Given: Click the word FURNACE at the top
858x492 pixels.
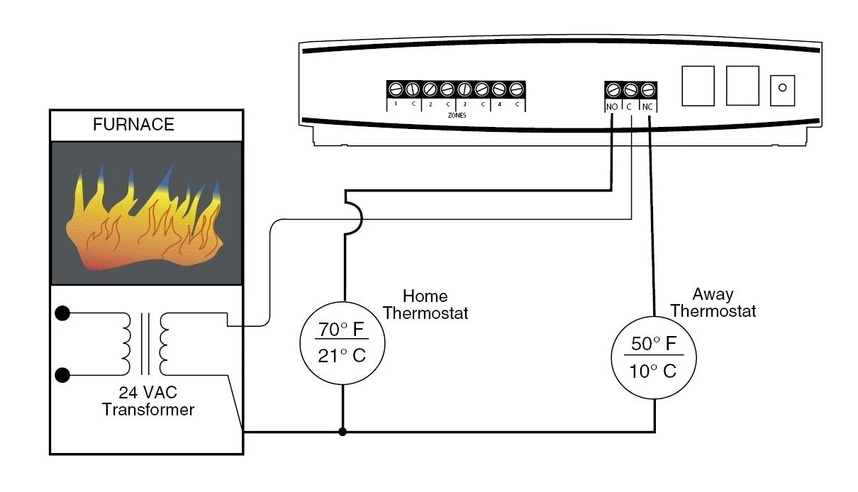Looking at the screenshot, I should (133, 125).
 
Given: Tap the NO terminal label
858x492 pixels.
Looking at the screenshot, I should (612, 107).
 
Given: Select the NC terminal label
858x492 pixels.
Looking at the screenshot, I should (647, 107).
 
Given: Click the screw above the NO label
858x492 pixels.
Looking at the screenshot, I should (613, 90).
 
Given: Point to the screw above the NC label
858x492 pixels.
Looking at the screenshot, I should (647, 90).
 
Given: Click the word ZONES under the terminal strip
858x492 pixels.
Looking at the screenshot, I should (456, 114).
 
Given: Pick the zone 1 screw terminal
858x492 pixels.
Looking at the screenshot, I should (396, 89).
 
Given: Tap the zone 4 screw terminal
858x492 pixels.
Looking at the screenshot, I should (499, 89).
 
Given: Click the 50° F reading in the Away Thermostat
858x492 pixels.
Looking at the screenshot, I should (653, 344).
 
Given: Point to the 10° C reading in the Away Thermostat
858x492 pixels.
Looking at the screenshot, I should (653, 370).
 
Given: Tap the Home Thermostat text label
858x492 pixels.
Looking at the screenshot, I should (425, 304).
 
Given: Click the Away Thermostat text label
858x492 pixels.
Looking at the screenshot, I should (713, 303).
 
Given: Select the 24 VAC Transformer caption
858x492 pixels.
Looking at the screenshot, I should (147, 401).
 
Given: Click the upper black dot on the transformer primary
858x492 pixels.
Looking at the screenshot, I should (63, 313).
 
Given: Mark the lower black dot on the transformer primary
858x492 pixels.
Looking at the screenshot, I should (63, 375).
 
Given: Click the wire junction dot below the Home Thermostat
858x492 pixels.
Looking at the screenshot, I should (343, 431).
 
